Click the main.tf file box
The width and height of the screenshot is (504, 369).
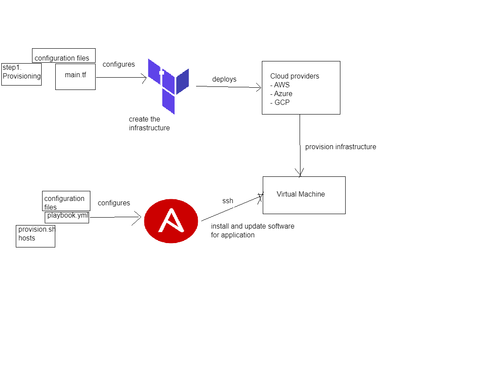point(75,76)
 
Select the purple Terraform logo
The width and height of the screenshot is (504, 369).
point(168,86)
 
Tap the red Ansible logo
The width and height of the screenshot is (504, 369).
point(171,221)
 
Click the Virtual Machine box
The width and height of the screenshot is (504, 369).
point(304,195)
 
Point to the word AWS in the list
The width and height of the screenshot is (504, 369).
point(282,85)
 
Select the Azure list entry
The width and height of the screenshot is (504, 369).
point(283,94)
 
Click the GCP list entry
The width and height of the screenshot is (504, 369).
point(282,103)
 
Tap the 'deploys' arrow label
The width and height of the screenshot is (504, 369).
point(224,79)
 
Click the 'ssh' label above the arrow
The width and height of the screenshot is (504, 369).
point(228,201)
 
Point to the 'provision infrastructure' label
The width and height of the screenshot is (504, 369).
point(340,147)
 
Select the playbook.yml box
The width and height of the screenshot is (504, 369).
point(67,216)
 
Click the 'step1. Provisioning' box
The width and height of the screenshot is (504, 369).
point(21,74)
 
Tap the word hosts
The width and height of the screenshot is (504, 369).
point(27,238)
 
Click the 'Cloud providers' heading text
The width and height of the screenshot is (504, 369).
point(294,76)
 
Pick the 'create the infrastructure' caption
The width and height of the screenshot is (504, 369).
point(149,124)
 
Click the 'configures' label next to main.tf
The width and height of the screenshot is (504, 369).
point(118,64)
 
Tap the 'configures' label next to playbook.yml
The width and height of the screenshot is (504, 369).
point(114,203)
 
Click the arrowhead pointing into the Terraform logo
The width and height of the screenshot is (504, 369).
point(143,78)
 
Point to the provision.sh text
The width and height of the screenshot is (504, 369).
point(36,229)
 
